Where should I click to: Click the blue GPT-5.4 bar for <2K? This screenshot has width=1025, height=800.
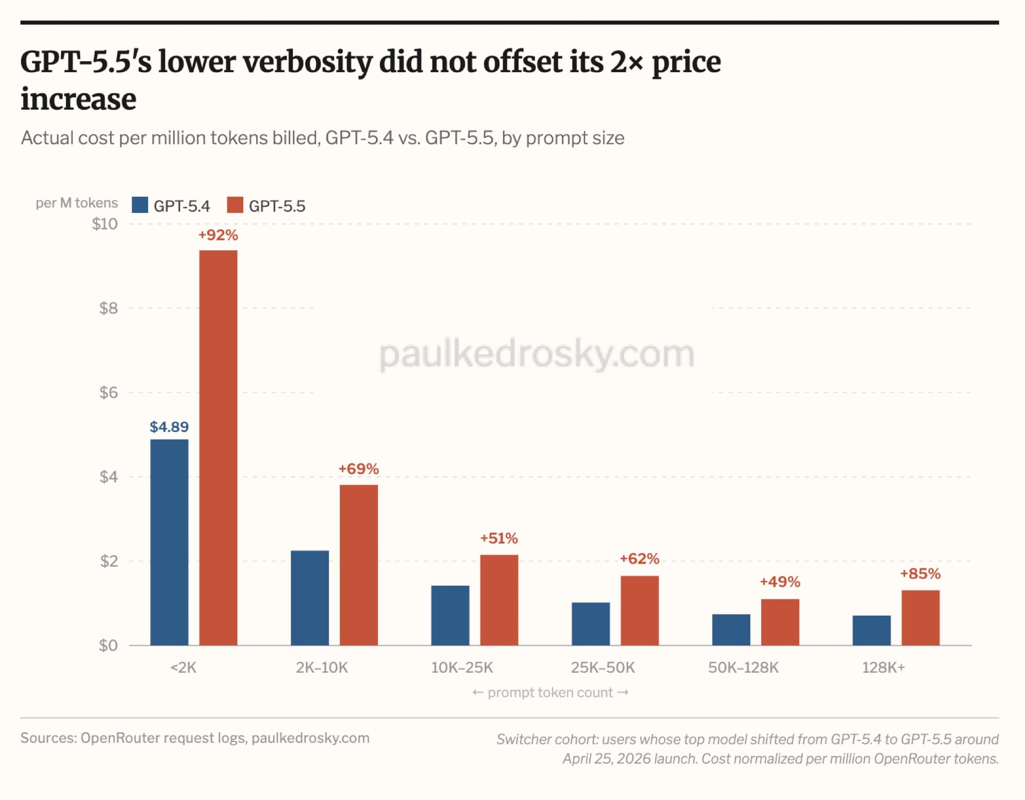coord(169,542)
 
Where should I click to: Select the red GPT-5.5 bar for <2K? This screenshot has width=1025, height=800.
coord(218,447)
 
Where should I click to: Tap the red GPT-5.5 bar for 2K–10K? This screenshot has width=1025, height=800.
coord(359,565)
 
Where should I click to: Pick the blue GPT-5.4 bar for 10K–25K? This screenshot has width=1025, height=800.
coord(450,615)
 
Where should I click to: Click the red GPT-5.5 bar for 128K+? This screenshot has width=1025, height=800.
coord(920,618)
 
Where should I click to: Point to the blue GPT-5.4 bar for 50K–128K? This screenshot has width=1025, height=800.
coord(731,629)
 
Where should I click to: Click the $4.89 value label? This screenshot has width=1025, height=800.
coord(169,427)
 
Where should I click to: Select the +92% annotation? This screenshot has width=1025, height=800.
coord(218,235)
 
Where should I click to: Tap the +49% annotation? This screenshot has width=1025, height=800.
coord(780,582)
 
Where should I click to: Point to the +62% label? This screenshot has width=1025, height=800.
coord(640,559)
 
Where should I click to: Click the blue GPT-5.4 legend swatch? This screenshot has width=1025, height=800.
coord(140,205)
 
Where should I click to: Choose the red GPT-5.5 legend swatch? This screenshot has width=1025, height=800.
coord(235,205)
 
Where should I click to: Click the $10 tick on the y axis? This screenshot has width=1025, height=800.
coord(105,224)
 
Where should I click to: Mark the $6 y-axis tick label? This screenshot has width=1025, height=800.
coord(108,393)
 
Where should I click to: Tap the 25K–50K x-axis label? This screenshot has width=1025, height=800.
coord(603,667)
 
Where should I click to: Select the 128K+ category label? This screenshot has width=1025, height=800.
coord(884,667)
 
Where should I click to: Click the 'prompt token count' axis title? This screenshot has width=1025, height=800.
coord(550,693)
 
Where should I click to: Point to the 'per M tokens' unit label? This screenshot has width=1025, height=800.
coord(76,203)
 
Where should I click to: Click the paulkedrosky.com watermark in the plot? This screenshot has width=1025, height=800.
coord(537,354)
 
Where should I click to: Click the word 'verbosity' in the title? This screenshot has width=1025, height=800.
coord(307,63)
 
